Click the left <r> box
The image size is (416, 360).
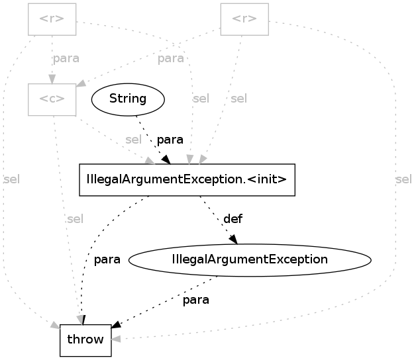(x=52, y=19)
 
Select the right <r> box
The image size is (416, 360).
(x=244, y=19)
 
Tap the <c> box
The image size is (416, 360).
(x=52, y=99)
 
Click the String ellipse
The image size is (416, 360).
(x=127, y=99)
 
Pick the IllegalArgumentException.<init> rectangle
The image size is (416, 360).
(x=186, y=179)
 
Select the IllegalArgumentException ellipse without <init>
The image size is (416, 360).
(x=249, y=259)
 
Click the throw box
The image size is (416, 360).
(x=85, y=339)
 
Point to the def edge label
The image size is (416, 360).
(x=233, y=218)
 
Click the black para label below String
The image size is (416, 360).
(x=170, y=140)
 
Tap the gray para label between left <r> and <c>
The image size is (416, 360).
(x=66, y=58)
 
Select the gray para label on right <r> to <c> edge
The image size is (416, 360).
(x=170, y=58)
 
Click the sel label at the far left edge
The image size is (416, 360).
(x=11, y=179)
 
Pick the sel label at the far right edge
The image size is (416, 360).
(x=403, y=179)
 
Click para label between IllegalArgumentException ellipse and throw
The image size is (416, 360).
(x=196, y=300)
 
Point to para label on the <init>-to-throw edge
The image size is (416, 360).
(x=107, y=259)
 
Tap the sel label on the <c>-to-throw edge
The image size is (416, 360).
(x=75, y=219)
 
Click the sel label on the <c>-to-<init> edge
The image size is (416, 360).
(x=133, y=140)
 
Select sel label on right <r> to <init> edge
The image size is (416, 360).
(x=238, y=99)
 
